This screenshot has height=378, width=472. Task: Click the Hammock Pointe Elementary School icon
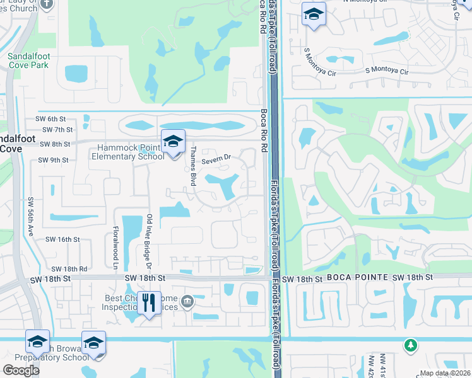172,142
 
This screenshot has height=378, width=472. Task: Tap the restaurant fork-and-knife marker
149,303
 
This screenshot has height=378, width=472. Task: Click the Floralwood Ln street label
116,246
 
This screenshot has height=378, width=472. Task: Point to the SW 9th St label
52,160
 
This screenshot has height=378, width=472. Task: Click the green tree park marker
411,345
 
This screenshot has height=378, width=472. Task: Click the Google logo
21,370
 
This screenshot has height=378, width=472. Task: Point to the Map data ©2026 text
445,373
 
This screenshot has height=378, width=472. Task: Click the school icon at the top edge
313,14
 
